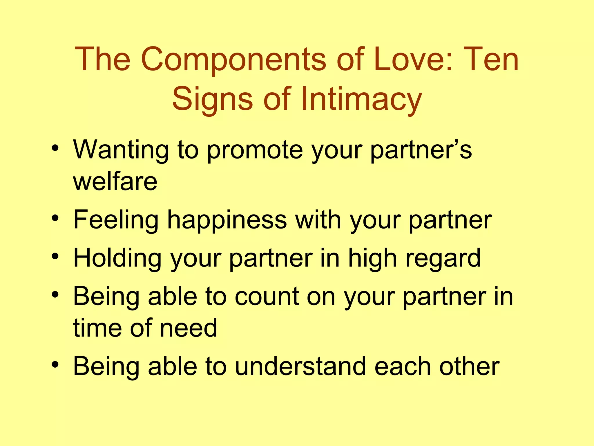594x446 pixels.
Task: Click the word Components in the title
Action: [x=233, y=60]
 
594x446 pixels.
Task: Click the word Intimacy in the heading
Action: [x=361, y=99]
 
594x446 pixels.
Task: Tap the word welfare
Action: [x=115, y=181]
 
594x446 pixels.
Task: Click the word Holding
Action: [x=117, y=258]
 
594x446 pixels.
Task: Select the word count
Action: [x=267, y=297]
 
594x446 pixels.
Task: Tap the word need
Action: [x=189, y=328]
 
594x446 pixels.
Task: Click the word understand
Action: [x=300, y=366]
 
